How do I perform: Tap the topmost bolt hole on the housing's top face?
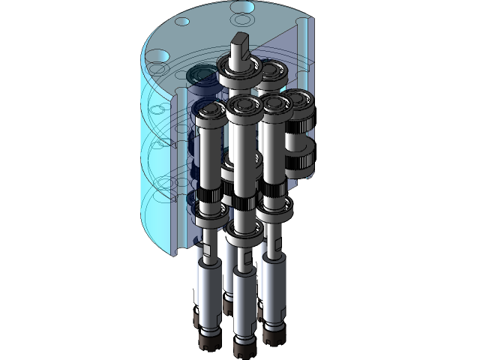(242, 8)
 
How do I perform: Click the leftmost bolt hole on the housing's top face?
(160, 56)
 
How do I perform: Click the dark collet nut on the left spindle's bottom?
(208, 342)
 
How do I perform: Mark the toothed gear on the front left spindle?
(209, 196)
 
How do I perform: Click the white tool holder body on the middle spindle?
(245, 300)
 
